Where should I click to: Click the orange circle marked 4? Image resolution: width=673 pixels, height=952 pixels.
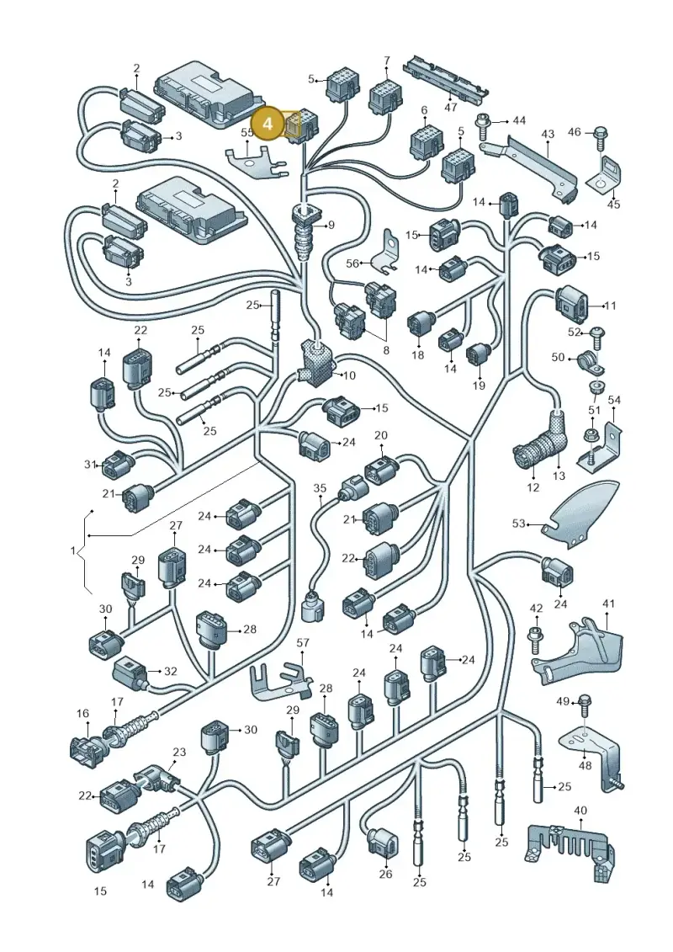(268, 123)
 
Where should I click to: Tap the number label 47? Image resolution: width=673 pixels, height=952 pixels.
(450, 107)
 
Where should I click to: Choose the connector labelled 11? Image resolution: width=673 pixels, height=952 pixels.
(573, 305)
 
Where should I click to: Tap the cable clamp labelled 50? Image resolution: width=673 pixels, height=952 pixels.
(586, 361)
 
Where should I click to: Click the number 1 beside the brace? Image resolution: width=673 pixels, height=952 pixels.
(73, 550)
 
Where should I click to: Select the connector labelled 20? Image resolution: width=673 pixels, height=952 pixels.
(380, 470)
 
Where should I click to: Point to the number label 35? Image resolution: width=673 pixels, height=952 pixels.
(320, 487)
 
